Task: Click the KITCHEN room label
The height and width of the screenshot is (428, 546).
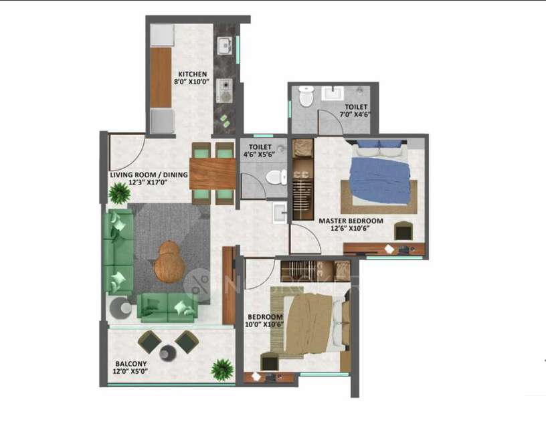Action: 192,74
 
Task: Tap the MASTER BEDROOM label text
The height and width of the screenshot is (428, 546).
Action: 351,221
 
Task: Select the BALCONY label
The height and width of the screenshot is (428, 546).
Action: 131,365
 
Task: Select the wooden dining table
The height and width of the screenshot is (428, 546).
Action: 212,173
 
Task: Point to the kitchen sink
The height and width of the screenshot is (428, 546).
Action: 224,45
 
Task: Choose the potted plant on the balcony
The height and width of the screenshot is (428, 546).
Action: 221,369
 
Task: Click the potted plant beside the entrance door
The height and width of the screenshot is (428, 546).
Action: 120,194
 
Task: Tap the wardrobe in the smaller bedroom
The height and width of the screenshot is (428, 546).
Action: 314,270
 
